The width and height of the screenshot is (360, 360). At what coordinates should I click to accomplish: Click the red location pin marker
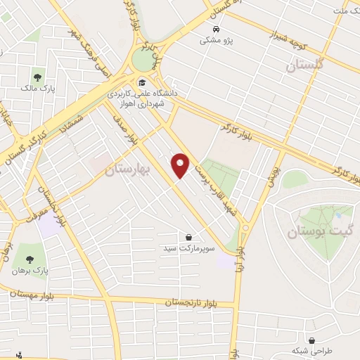(x=181, y=165)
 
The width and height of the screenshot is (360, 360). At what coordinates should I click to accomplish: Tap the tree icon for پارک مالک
(x=37, y=77)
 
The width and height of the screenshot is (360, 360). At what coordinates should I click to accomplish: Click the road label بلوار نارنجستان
(x=201, y=302)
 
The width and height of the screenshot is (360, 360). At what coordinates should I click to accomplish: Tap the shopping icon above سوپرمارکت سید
(x=188, y=238)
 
